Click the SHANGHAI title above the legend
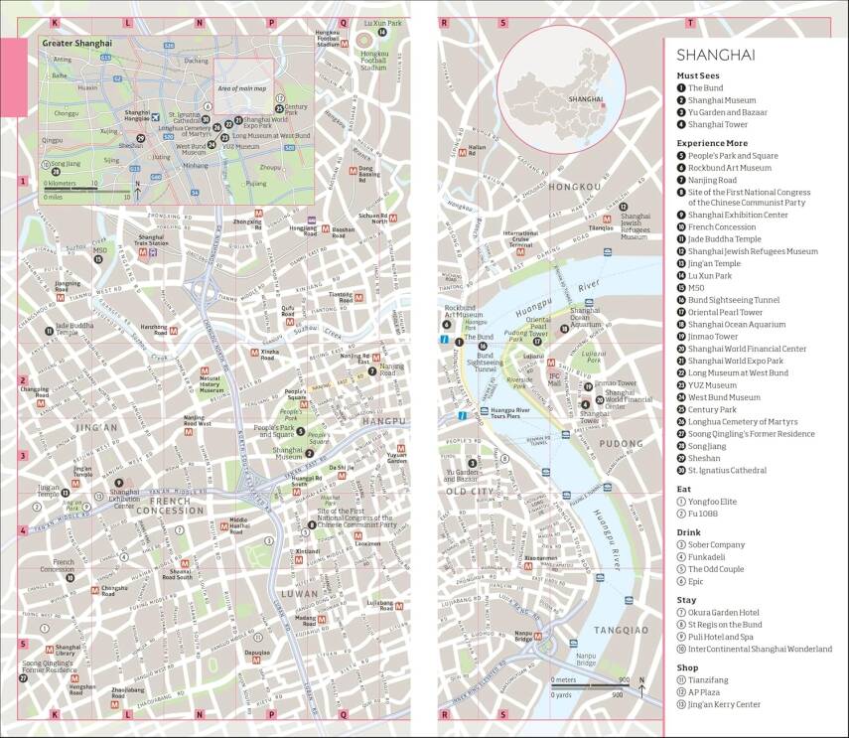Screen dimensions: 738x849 pyautogui.click(x=716, y=55)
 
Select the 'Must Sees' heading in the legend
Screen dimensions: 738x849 pyautogui.click(x=701, y=75)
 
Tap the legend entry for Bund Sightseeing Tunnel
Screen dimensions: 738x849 pyautogui.click(x=733, y=300)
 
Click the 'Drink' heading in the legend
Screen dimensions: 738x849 pyautogui.click(x=689, y=532)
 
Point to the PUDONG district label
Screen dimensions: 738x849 pyautogui.click(x=623, y=443)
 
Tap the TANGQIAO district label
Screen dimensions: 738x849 pyautogui.click(x=621, y=630)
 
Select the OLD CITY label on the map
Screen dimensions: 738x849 pyautogui.click(x=469, y=492)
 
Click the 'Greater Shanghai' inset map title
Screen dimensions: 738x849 pyautogui.click(x=76, y=44)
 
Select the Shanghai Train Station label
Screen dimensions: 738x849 pyautogui.click(x=151, y=240)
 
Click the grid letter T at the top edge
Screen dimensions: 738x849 pyautogui.click(x=689, y=21)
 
